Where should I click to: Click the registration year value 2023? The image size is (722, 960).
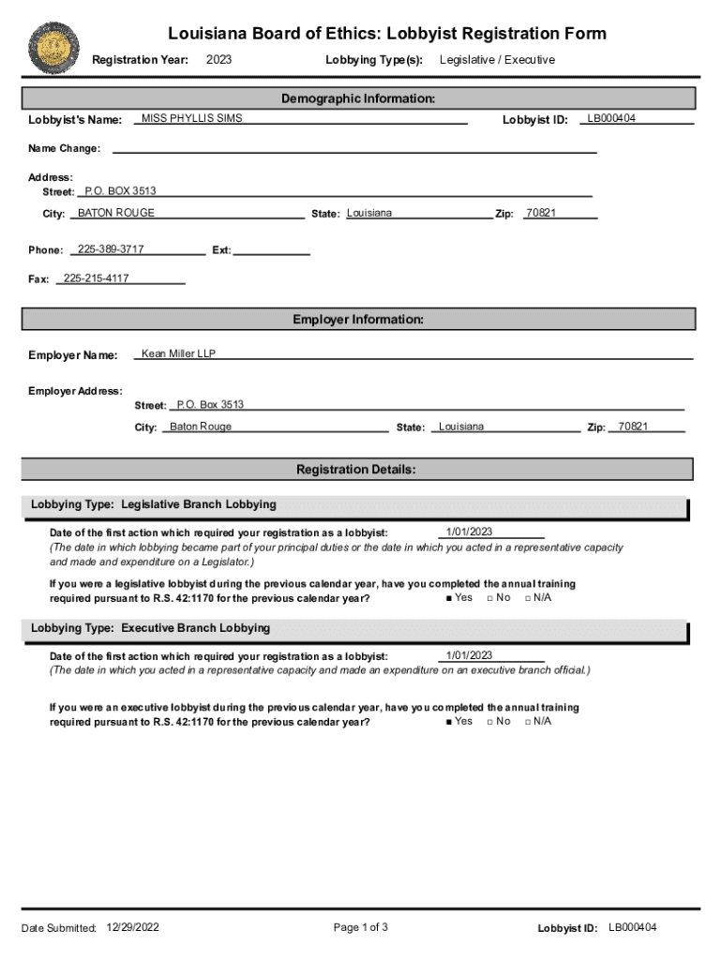[x=218, y=60]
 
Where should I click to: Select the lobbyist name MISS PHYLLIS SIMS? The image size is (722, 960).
[x=191, y=119]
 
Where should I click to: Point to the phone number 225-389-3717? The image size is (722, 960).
[x=111, y=249]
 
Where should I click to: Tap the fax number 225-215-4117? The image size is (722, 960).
[x=96, y=278]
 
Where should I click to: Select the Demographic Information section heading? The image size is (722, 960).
[x=358, y=98]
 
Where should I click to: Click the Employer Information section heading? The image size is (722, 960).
[x=358, y=320]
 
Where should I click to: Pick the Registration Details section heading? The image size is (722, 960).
[x=356, y=470]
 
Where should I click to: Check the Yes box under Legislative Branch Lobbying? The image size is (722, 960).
[x=450, y=598]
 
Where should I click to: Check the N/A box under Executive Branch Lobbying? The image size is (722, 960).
[x=528, y=722]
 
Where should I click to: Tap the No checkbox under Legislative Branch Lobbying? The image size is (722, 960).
[x=489, y=598]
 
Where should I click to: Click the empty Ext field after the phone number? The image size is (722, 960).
[x=272, y=250]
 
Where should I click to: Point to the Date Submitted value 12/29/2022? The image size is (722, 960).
[x=134, y=928]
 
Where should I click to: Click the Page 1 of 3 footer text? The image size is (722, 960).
[x=360, y=928]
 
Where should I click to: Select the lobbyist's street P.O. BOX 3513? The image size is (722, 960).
[x=121, y=191]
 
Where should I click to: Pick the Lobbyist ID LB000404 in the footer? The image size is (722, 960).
[x=633, y=928]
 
